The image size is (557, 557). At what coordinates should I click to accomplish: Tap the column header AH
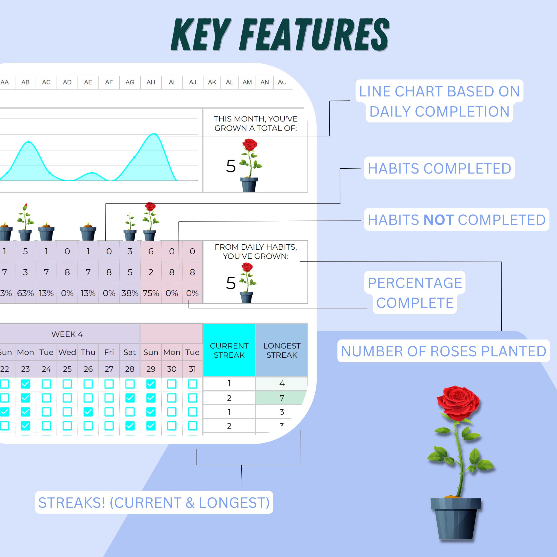pyautogui.click(x=151, y=83)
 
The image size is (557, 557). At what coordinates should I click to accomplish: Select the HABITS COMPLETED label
pyautogui.click(x=439, y=168)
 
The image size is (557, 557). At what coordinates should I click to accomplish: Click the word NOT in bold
pyautogui.click(x=438, y=220)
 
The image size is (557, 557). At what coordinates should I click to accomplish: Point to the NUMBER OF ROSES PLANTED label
pyautogui.click(x=444, y=351)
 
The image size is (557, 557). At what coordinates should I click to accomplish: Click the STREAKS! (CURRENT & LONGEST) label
pyautogui.click(x=154, y=503)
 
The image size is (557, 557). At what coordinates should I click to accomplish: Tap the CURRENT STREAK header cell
pyautogui.click(x=229, y=350)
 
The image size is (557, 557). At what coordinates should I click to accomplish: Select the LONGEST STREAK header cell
pyautogui.click(x=282, y=350)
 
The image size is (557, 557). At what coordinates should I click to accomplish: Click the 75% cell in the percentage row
pyautogui.click(x=151, y=293)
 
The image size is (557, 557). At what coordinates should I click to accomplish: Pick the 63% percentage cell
pyautogui.click(x=25, y=293)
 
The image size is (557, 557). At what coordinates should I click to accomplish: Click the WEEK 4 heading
pyautogui.click(x=67, y=334)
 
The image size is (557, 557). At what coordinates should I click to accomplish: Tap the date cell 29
pyautogui.click(x=151, y=369)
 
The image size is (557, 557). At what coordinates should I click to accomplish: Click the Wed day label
pyautogui.click(x=67, y=352)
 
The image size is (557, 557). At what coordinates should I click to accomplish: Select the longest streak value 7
pyautogui.click(x=282, y=398)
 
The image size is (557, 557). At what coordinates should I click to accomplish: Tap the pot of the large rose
pyautogui.click(x=455, y=519)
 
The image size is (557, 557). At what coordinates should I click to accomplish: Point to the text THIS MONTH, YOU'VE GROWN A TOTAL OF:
pyautogui.click(x=256, y=124)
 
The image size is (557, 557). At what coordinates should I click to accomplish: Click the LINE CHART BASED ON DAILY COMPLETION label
pyautogui.click(x=439, y=101)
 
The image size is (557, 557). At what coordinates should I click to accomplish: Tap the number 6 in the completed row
pyautogui.click(x=151, y=251)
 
